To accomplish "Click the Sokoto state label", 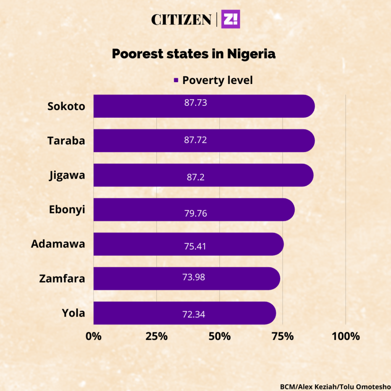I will pyautogui.click(x=66, y=106).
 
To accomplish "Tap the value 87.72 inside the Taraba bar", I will pyautogui.click(x=195, y=140).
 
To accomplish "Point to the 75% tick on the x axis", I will pyautogui.click(x=283, y=336).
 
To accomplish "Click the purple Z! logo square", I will pyautogui.click(x=231, y=19).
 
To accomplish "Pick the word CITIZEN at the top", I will pyautogui.click(x=181, y=19).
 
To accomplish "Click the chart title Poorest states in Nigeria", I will pyautogui.click(x=194, y=54).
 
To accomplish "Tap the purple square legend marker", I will pyautogui.click(x=176, y=80).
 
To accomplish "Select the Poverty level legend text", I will pyautogui.click(x=217, y=80).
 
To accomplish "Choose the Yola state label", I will pyautogui.click(x=73, y=313).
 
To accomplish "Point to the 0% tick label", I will pyautogui.click(x=94, y=336).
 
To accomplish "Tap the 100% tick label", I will pyautogui.click(x=346, y=336).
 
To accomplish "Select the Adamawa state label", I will pyautogui.click(x=58, y=244).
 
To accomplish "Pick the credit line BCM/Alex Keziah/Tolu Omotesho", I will pyautogui.click(x=334, y=386).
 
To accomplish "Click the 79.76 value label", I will pyautogui.click(x=195, y=213).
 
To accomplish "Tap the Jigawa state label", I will pyautogui.click(x=67, y=175).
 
